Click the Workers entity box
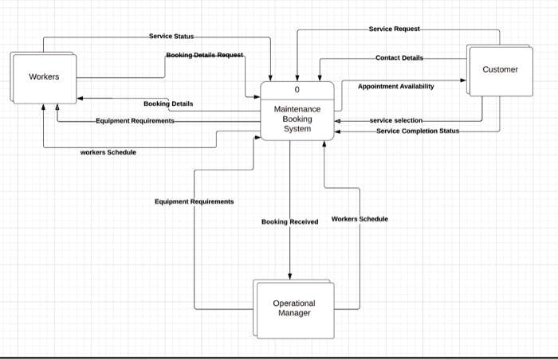pos(43,78)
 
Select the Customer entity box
pos(500,70)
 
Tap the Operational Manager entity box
pos(294,308)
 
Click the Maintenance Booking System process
pos(297,111)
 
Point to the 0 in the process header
pos(297,90)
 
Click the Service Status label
pos(171,37)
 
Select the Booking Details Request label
pos(205,55)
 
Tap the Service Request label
pos(395,29)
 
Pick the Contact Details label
pos(399,57)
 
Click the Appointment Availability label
pos(395,87)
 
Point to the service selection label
pos(396,120)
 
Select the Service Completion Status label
pos(418,131)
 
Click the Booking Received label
pos(289,221)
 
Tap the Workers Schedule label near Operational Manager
pos(360,219)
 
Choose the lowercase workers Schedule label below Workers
pos(108,152)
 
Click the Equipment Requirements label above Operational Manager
pos(195,202)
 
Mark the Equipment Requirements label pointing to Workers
pos(135,121)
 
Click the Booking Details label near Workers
pos(168,104)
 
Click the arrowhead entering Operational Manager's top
pos(289,276)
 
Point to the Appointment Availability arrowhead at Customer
pos(463,80)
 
